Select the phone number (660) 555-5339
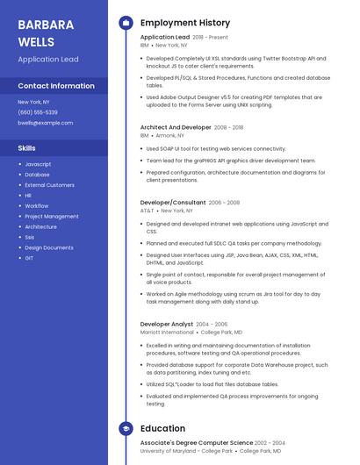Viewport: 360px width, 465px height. [38, 112]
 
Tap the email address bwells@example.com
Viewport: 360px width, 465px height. [45, 123]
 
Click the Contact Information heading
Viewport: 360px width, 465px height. [56, 86]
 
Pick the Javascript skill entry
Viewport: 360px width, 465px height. [38, 164]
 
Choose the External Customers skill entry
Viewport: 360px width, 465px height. [49, 185]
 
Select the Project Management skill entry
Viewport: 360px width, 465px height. [51, 216]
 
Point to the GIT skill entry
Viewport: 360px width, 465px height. [29, 258]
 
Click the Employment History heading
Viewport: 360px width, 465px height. [184, 23]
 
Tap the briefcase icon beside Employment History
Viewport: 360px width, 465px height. [126, 23]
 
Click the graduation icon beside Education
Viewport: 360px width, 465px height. [126, 428]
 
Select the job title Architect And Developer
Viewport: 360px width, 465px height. [176, 127]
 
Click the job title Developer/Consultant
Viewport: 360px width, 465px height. [172, 202]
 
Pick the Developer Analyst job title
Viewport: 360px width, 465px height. [167, 324]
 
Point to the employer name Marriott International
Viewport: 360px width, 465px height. [167, 333]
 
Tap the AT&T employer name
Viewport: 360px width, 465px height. [147, 211]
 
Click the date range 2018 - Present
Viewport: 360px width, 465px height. [210, 38]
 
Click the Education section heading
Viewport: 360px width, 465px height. [162, 428]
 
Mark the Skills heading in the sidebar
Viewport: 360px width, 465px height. [27, 148]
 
